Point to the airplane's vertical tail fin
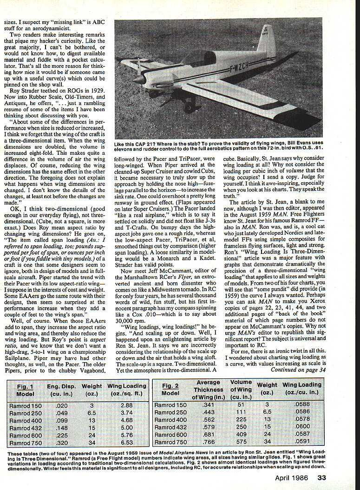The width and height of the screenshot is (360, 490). point(267,45)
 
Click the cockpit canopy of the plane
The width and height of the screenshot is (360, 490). point(198,58)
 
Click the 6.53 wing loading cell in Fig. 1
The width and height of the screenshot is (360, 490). point(126,442)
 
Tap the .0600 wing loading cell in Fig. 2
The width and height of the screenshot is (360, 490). point(301,427)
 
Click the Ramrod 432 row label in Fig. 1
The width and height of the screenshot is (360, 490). point(26,427)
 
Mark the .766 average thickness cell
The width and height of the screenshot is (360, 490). point(209,442)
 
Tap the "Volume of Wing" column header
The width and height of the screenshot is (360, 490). point(241,390)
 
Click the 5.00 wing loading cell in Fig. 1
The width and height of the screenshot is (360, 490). point(126,427)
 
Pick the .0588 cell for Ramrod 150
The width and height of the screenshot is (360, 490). point(301,405)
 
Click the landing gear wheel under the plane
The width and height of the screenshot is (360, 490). point(188,108)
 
